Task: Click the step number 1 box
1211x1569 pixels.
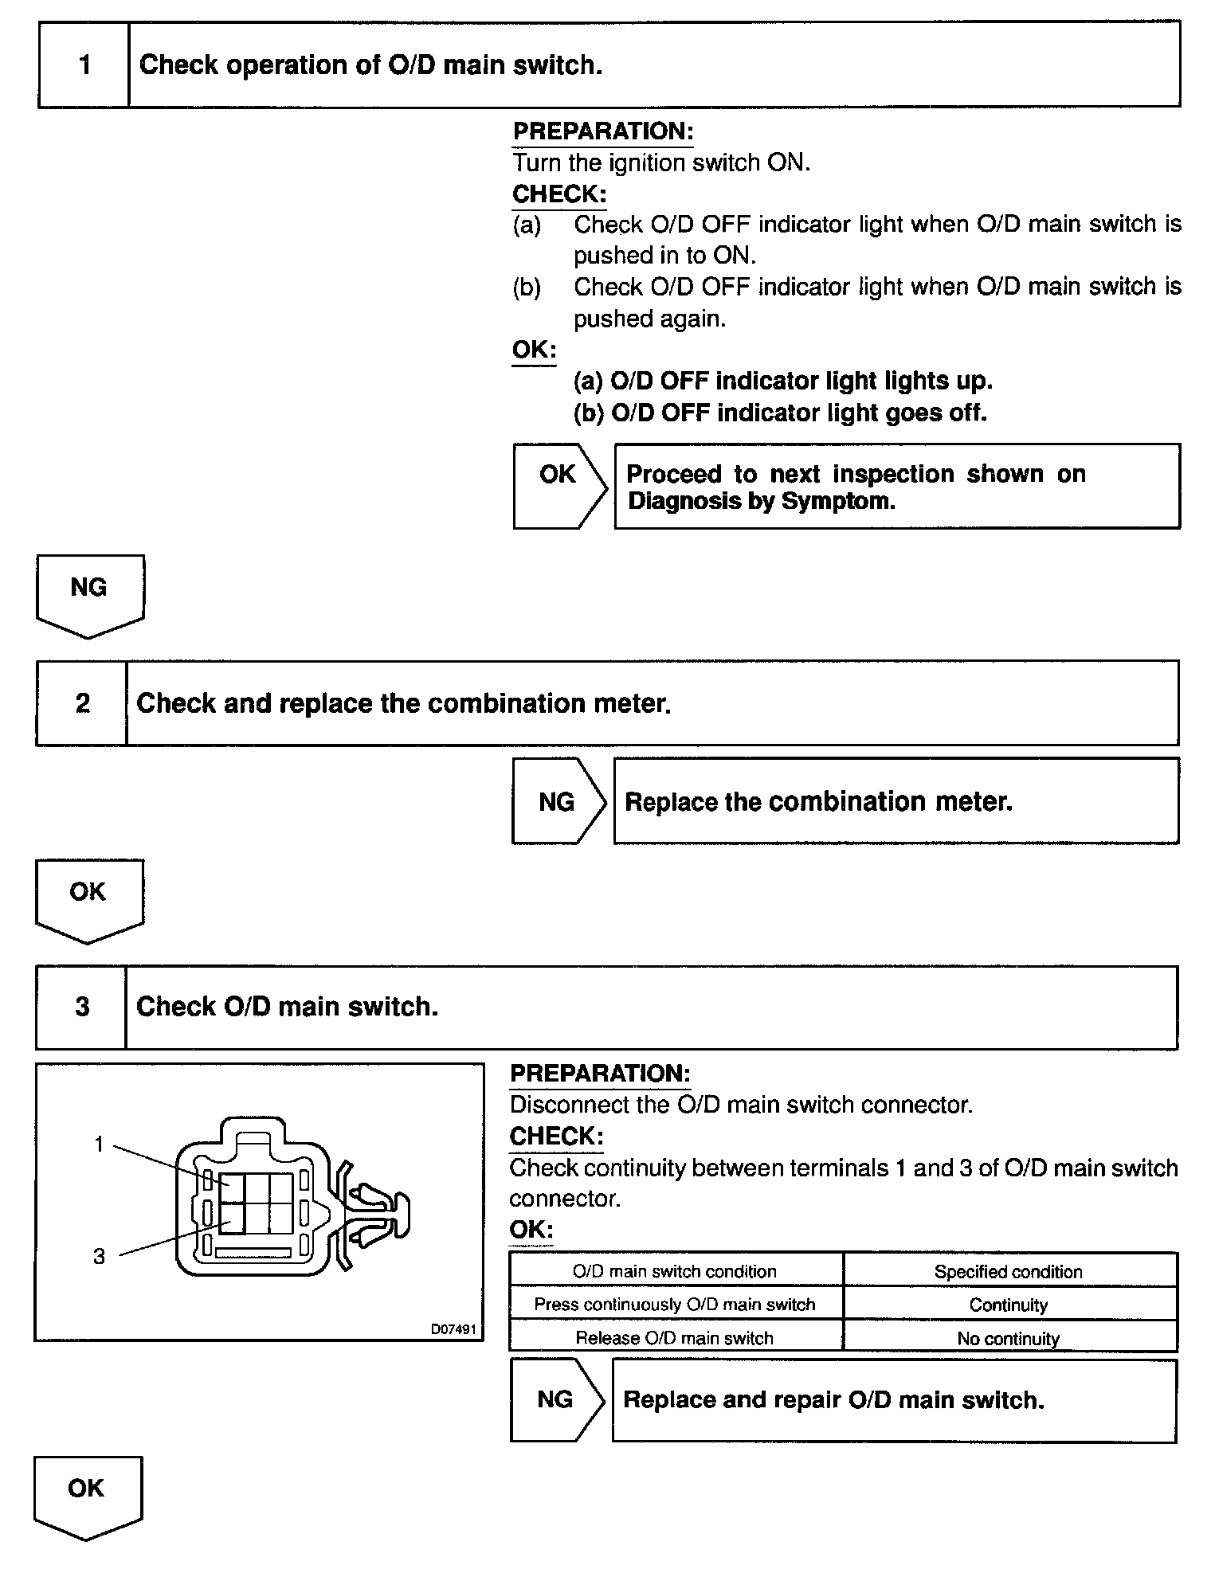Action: click(x=84, y=65)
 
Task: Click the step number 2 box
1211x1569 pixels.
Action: click(x=81, y=703)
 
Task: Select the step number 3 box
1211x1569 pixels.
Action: click(x=81, y=1007)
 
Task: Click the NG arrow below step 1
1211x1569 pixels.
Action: click(x=89, y=593)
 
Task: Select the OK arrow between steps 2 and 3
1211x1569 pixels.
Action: click(x=88, y=898)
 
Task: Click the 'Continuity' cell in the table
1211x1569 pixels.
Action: click(x=1009, y=1305)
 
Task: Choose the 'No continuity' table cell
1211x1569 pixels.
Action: click(x=1009, y=1338)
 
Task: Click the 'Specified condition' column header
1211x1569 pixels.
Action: click(x=1009, y=1271)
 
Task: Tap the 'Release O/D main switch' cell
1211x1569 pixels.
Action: click(x=675, y=1338)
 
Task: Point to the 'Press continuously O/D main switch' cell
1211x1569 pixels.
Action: click(x=675, y=1305)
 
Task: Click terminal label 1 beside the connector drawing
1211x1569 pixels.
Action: click(x=99, y=1144)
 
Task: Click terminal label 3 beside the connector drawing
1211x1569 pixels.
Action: click(x=99, y=1256)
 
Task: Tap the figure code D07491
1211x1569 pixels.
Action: click(x=453, y=1328)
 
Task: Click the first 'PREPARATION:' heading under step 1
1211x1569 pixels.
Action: click(x=602, y=131)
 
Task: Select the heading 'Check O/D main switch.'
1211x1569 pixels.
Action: click(x=287, y=1007)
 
